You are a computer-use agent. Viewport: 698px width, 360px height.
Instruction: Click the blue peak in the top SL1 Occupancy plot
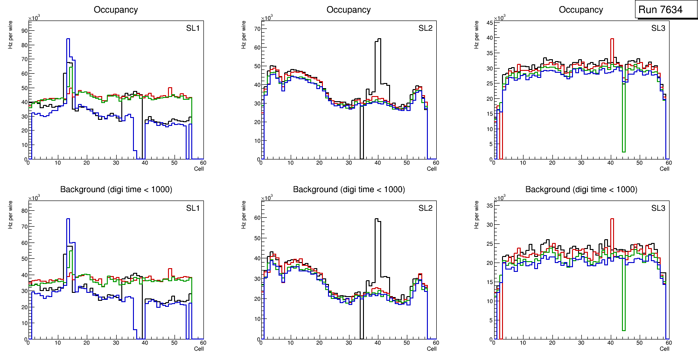pyautogui.click(x=68, y=40)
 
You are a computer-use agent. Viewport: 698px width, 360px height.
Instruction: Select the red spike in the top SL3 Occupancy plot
pyautogui.click(x=612, y=40)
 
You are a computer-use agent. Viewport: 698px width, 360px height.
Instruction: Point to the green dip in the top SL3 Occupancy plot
pyautogui.click(x=623, y=151)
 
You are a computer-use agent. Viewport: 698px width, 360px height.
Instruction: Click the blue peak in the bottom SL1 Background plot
pyautogui.click(x=68, y=219)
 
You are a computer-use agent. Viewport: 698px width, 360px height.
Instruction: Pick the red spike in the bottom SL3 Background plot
pyautogui.click(x=612, y=219)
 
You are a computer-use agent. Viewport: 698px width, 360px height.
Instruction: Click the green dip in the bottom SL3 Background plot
pyautogui.click(x=623, y=330)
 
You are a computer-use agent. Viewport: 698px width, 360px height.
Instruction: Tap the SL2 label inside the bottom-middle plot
pyautogui.click(x=425, y=208)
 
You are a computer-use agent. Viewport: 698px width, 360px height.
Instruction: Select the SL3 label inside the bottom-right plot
pyautogui.click(x=658, y=208)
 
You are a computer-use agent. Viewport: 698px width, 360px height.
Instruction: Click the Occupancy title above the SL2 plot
pyautogui.click(x=349, y=10)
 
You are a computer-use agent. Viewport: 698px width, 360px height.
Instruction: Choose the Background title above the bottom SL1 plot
pyautogui.click(x=116, y=189)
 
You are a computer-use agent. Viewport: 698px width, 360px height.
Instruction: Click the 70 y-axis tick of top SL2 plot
pyautogui.click(x=256, y=28)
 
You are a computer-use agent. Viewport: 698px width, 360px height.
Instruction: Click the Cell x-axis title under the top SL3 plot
pyautogui.click(x=664, y=169)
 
